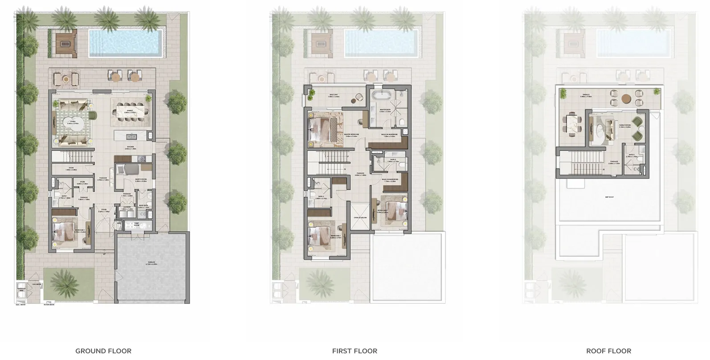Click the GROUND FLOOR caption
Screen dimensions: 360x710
pyautogui.click(x=103, y=351)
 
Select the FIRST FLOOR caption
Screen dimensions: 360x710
pyautogui.click(x=355, y=351)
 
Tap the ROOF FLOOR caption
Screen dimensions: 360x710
pyautogui.click(x=608, y=351)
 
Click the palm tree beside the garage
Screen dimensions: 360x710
pyautogui.click(x=68, y=282)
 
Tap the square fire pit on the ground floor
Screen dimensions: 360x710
pyautogui.click(x=66, y=44)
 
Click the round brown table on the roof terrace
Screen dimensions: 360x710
pyautogui.click(x=626, y=98)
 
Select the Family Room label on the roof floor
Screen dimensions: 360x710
pyautogui.click(x=625, y=126)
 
